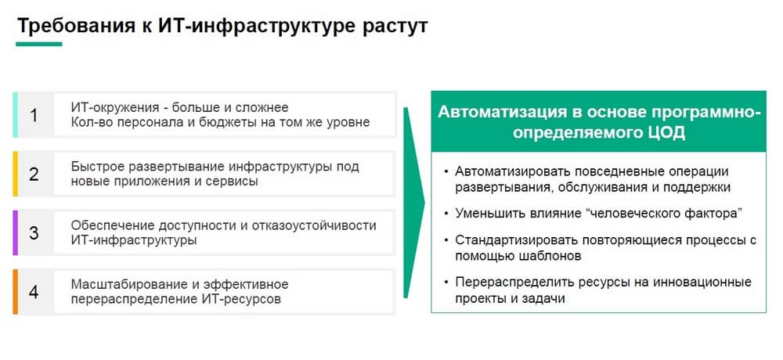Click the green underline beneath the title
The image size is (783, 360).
tap(39, 44)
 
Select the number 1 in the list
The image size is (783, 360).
tap(34, 115)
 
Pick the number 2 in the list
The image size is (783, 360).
tap(34, 175)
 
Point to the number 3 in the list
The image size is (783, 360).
tap(34, 233)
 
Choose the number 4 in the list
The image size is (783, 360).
tap(34, 292)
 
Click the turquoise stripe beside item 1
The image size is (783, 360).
tap(16, 115)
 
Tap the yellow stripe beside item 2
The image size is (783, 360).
tap(16, 174)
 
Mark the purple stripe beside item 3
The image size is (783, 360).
tap(16, 232)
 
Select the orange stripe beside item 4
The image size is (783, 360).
tap(16, 292)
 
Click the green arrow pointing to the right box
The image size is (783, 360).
tap(413, 203)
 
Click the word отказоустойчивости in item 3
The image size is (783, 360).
tap(312, 225)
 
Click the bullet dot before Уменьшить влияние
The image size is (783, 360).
tap(446, 214)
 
